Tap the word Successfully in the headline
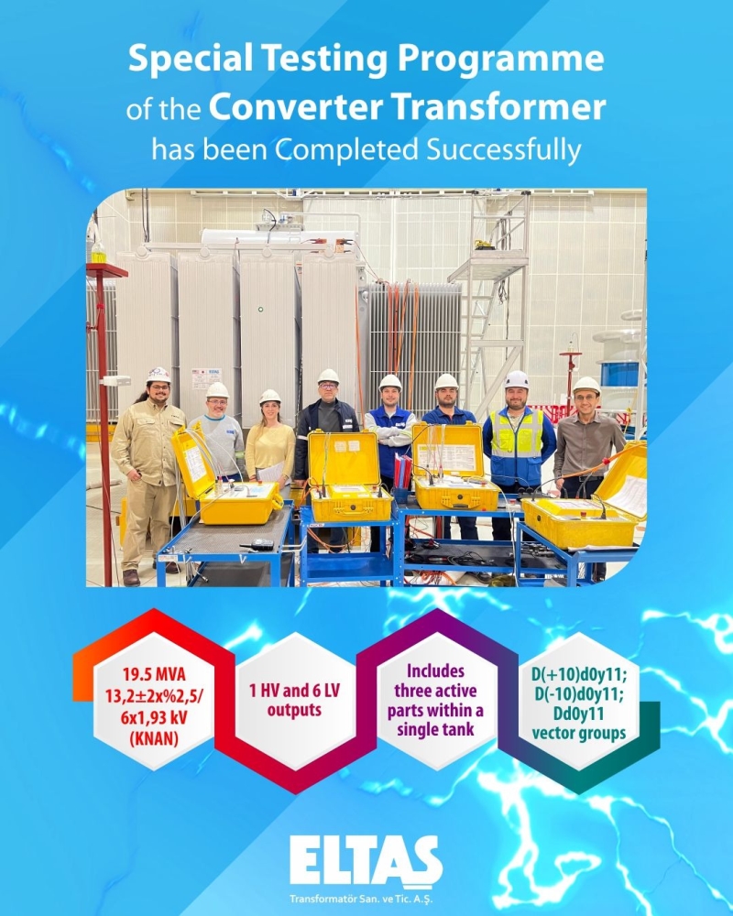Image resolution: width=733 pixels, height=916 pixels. [x=504, y=151]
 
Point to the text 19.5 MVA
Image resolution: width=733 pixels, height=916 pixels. [x=154, y=675]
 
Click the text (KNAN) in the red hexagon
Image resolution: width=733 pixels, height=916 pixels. [x=154, y=738]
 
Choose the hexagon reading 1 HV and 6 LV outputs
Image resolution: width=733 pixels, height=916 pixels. [x=295, y=701]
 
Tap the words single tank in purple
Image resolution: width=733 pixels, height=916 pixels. [x=435, y=730]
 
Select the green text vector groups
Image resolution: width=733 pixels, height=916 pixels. [x=579, y=733]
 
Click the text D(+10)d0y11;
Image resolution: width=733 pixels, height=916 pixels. [x=579, y=675]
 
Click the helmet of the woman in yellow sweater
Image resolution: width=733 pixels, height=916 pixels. [x=270, y=397]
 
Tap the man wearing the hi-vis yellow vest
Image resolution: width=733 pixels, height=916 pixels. [x=518, y=462]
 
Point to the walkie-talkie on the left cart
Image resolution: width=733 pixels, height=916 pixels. [x=257, y=544]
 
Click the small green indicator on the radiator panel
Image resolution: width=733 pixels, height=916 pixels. [x=260, y=309]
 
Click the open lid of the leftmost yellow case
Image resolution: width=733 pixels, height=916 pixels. [x=193, y=462]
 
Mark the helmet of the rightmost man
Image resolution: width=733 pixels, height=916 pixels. [x=586, y=385]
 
